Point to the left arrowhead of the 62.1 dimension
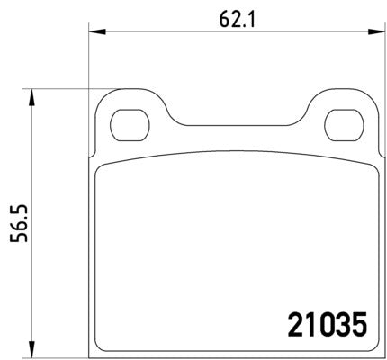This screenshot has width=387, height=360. pyautogui.click(x=94, y=33)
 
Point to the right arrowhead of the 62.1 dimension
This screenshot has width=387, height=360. pyautogui.click(x=371, y=33)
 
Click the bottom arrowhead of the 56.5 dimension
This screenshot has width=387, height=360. pyautogui.click(x=33, y=349)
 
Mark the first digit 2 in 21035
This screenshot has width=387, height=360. pyautogui.click(x=294, y=321)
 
